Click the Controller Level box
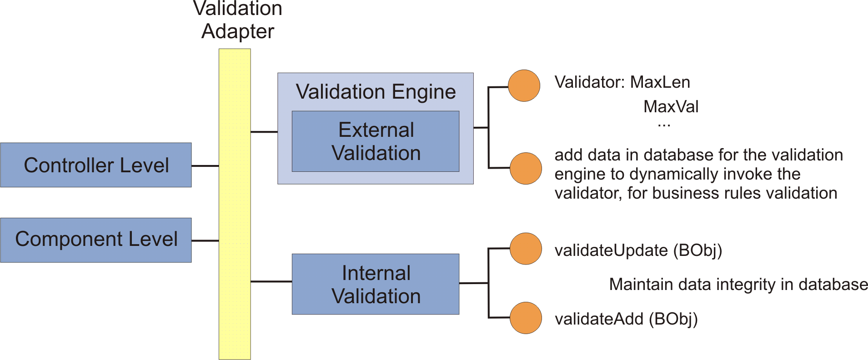tap(96, 165)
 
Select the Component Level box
tap(96, 240)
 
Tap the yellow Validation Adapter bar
tap(235, 205)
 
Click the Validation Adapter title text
tap(238, 20)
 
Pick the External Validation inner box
tap(376, 141)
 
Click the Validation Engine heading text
tap(376, 92)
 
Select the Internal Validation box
tap(376, 284)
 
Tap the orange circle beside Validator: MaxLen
tap(524, 85)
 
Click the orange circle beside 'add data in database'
tap(526, 168)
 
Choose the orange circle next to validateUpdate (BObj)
tap(526, 249)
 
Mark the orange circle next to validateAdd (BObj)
tap(526, 318)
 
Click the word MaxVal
tap(671, 107)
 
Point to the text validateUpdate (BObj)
tap(638, 250)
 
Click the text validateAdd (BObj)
tap(626, 319)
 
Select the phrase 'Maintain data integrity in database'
tap(738, 285)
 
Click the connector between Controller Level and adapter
tap(205, 166)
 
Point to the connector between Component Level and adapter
tap(205, 240)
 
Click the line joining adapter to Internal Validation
tap(271, 281)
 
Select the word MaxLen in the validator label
tap(660, 82)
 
